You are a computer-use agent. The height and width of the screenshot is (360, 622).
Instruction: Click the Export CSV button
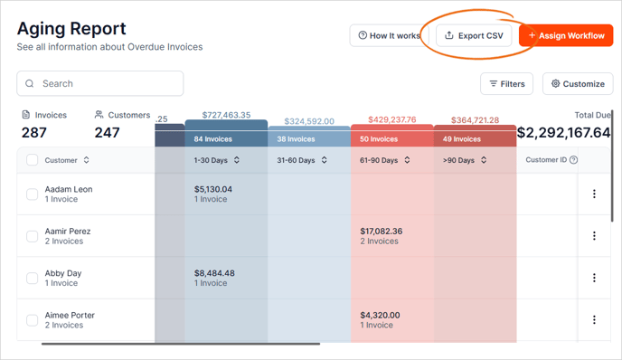click(x=474, y=35)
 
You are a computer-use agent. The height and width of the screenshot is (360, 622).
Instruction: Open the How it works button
click(x=388, y=35)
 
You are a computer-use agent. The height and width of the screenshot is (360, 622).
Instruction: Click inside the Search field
click(x=99, y=83)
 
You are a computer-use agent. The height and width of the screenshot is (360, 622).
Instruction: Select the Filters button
click(x=506, y=84)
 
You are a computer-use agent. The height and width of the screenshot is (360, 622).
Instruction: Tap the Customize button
click(x=578, y=84)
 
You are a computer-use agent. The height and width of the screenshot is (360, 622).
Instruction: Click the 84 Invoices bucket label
click(x=212, y=139)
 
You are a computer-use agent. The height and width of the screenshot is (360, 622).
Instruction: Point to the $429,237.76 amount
click(x=392, y=120)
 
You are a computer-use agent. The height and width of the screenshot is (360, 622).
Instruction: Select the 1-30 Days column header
click(x=216, y=160)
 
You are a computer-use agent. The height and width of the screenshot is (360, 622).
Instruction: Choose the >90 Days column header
click(x=466, y=160)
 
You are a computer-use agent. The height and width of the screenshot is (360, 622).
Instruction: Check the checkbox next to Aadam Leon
click(x=32, y=194)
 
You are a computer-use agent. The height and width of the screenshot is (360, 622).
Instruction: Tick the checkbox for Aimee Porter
click(x=32, y=320)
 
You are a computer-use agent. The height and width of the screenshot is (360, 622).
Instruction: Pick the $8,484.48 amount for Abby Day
click(x=214, y=273)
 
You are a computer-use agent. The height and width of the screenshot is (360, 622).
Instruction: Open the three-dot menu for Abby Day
click(x=594, y=278)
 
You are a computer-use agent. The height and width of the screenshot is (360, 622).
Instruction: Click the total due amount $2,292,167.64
click(x=563, y=133)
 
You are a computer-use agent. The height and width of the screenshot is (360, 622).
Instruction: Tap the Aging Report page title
click(x=71, y=29)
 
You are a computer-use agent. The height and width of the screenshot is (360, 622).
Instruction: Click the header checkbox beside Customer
click(x=32, y=160)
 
